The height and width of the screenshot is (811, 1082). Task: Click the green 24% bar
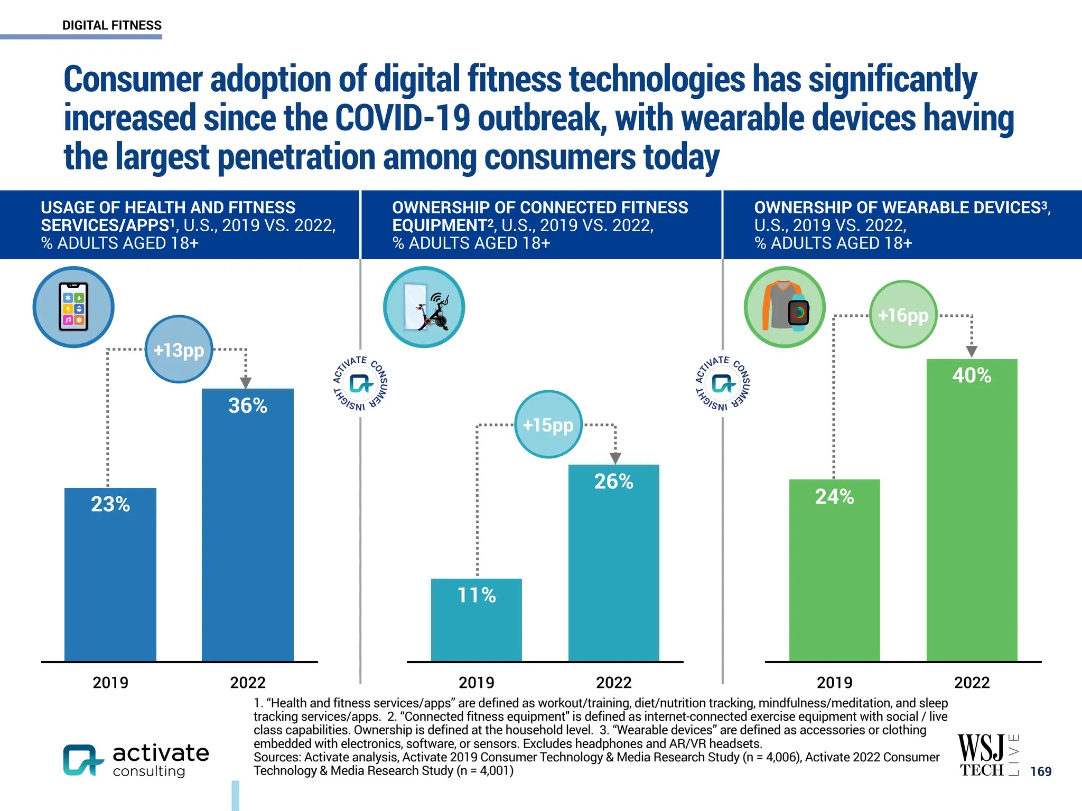click(x=834, y=570)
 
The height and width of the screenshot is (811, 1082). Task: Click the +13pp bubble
click(x=179, y=350)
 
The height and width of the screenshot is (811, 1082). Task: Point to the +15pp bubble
click(x=548, y=425)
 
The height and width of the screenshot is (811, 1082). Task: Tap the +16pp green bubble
click(x=903, y=315)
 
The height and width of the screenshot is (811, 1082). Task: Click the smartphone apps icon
click(x=73, y=307)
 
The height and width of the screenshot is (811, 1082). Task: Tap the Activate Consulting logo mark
click(x=82, y=760)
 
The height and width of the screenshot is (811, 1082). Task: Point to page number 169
click(x=1041, y=771)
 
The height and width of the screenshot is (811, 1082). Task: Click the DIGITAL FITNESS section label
click(x=112, y=25)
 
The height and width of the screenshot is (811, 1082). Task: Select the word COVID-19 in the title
click(x=402, y=118)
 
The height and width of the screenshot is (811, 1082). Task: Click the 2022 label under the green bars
click(x=972, y=683)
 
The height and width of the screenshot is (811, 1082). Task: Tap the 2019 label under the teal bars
click(x=476, y=683)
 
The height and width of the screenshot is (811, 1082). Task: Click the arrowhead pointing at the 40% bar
click(x=971, y=352)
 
